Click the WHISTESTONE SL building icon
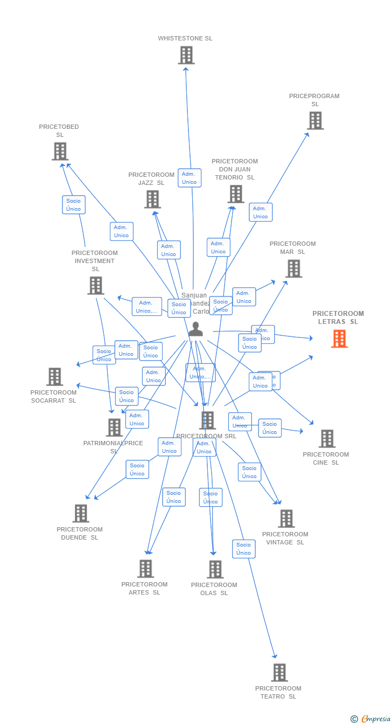click(x=186, y=55)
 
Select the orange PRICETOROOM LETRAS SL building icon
click(x=339, y=339)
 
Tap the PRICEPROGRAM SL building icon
click(x=315, y=120)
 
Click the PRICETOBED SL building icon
click(x=60, y=151)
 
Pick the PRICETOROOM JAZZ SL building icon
click(x=152, y=199)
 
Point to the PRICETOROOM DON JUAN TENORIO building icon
click(x=235, y=194)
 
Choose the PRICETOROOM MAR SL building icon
click(x=293, y=268)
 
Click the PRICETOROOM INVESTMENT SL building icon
click(x=95, y=285)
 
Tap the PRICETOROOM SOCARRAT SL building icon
click(x=54, y=376)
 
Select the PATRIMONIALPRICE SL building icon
click(x=114, y=427)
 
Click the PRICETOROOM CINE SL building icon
click(x=327, y=439)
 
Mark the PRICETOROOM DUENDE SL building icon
click(x=81, y=513)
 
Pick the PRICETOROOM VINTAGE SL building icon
click(x=286, y=519)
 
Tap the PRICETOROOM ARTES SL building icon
click(x=145, y=568)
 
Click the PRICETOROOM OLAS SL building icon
click(x=215, y=569)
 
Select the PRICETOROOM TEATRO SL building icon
click(x=279, y=672)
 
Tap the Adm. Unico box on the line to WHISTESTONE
click(x=190, y=178)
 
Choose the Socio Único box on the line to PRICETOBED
click(x=74, y=205)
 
